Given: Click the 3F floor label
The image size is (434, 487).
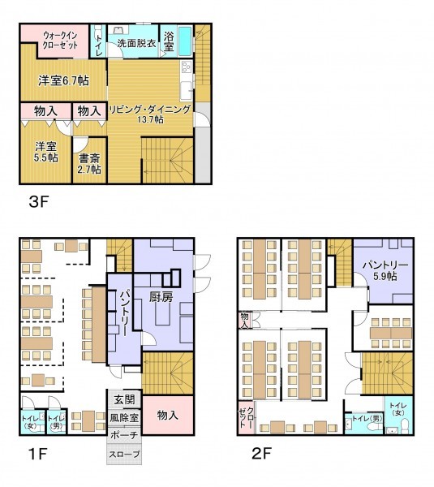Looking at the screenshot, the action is pyautogui.click(x=39, y=202).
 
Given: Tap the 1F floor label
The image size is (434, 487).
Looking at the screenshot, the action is pyautogui.click(x=37, y=454).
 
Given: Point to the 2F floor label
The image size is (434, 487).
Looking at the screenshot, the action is pyautogui.click(x=261, y=454).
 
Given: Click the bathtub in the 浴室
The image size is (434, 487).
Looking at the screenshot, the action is pyautogui.click(x=185, y=41).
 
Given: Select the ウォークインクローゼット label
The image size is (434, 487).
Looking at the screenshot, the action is pyautogui.click(x=59, y=40).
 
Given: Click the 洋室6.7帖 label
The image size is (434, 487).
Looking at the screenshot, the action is pyautogui.click(x=63, y=80).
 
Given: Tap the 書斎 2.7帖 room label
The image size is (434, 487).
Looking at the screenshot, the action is pyautogui.click(x=89, y=164).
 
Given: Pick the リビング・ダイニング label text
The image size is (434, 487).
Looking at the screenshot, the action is pyautogui.click(x=149, y=110).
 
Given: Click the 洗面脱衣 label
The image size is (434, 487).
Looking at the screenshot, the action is pyautogui.click(x=136, y=43).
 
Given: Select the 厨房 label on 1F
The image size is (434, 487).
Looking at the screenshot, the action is pyautogui.click(x=161, y=297).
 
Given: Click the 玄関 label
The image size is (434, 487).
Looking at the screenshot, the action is pyautogui.click(x=124, y=399).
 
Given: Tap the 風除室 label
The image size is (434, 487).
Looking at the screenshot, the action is pyautogui.click(x=124, y=418).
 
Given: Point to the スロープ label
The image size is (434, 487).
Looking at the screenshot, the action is pyautogui.click(x=124, y=454).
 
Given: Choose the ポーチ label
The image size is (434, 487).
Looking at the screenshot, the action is pyautogui.click(x=124, y=435).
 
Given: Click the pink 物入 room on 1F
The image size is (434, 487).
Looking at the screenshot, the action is pyautogui.click(x=168, y=415).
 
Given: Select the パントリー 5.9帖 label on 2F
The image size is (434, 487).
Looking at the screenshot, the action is pyautogui.click(x=385, y=270).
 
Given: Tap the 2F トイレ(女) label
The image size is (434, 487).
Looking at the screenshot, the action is pyautogui.click(x=398, y=409).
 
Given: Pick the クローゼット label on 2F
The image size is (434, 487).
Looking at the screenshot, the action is pyautogui.click(x=247, y=417).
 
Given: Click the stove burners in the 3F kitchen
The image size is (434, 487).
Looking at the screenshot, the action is pyautogui.click(x=187, y=67).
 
